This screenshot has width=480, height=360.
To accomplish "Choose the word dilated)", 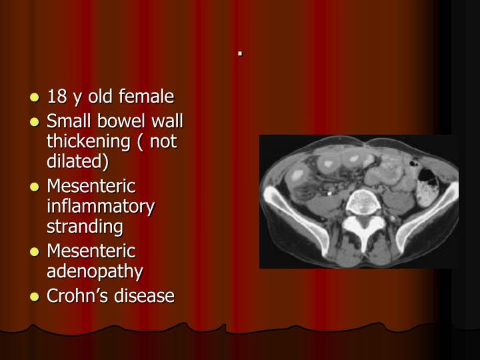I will tap(77, 162).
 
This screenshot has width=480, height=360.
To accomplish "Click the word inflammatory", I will tap(101, 206).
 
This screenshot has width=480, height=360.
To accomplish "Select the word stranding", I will tap(85, 227).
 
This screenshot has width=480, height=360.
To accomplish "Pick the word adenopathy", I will tap(95, 272).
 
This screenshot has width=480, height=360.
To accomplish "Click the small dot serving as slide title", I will tap(238, 53).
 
